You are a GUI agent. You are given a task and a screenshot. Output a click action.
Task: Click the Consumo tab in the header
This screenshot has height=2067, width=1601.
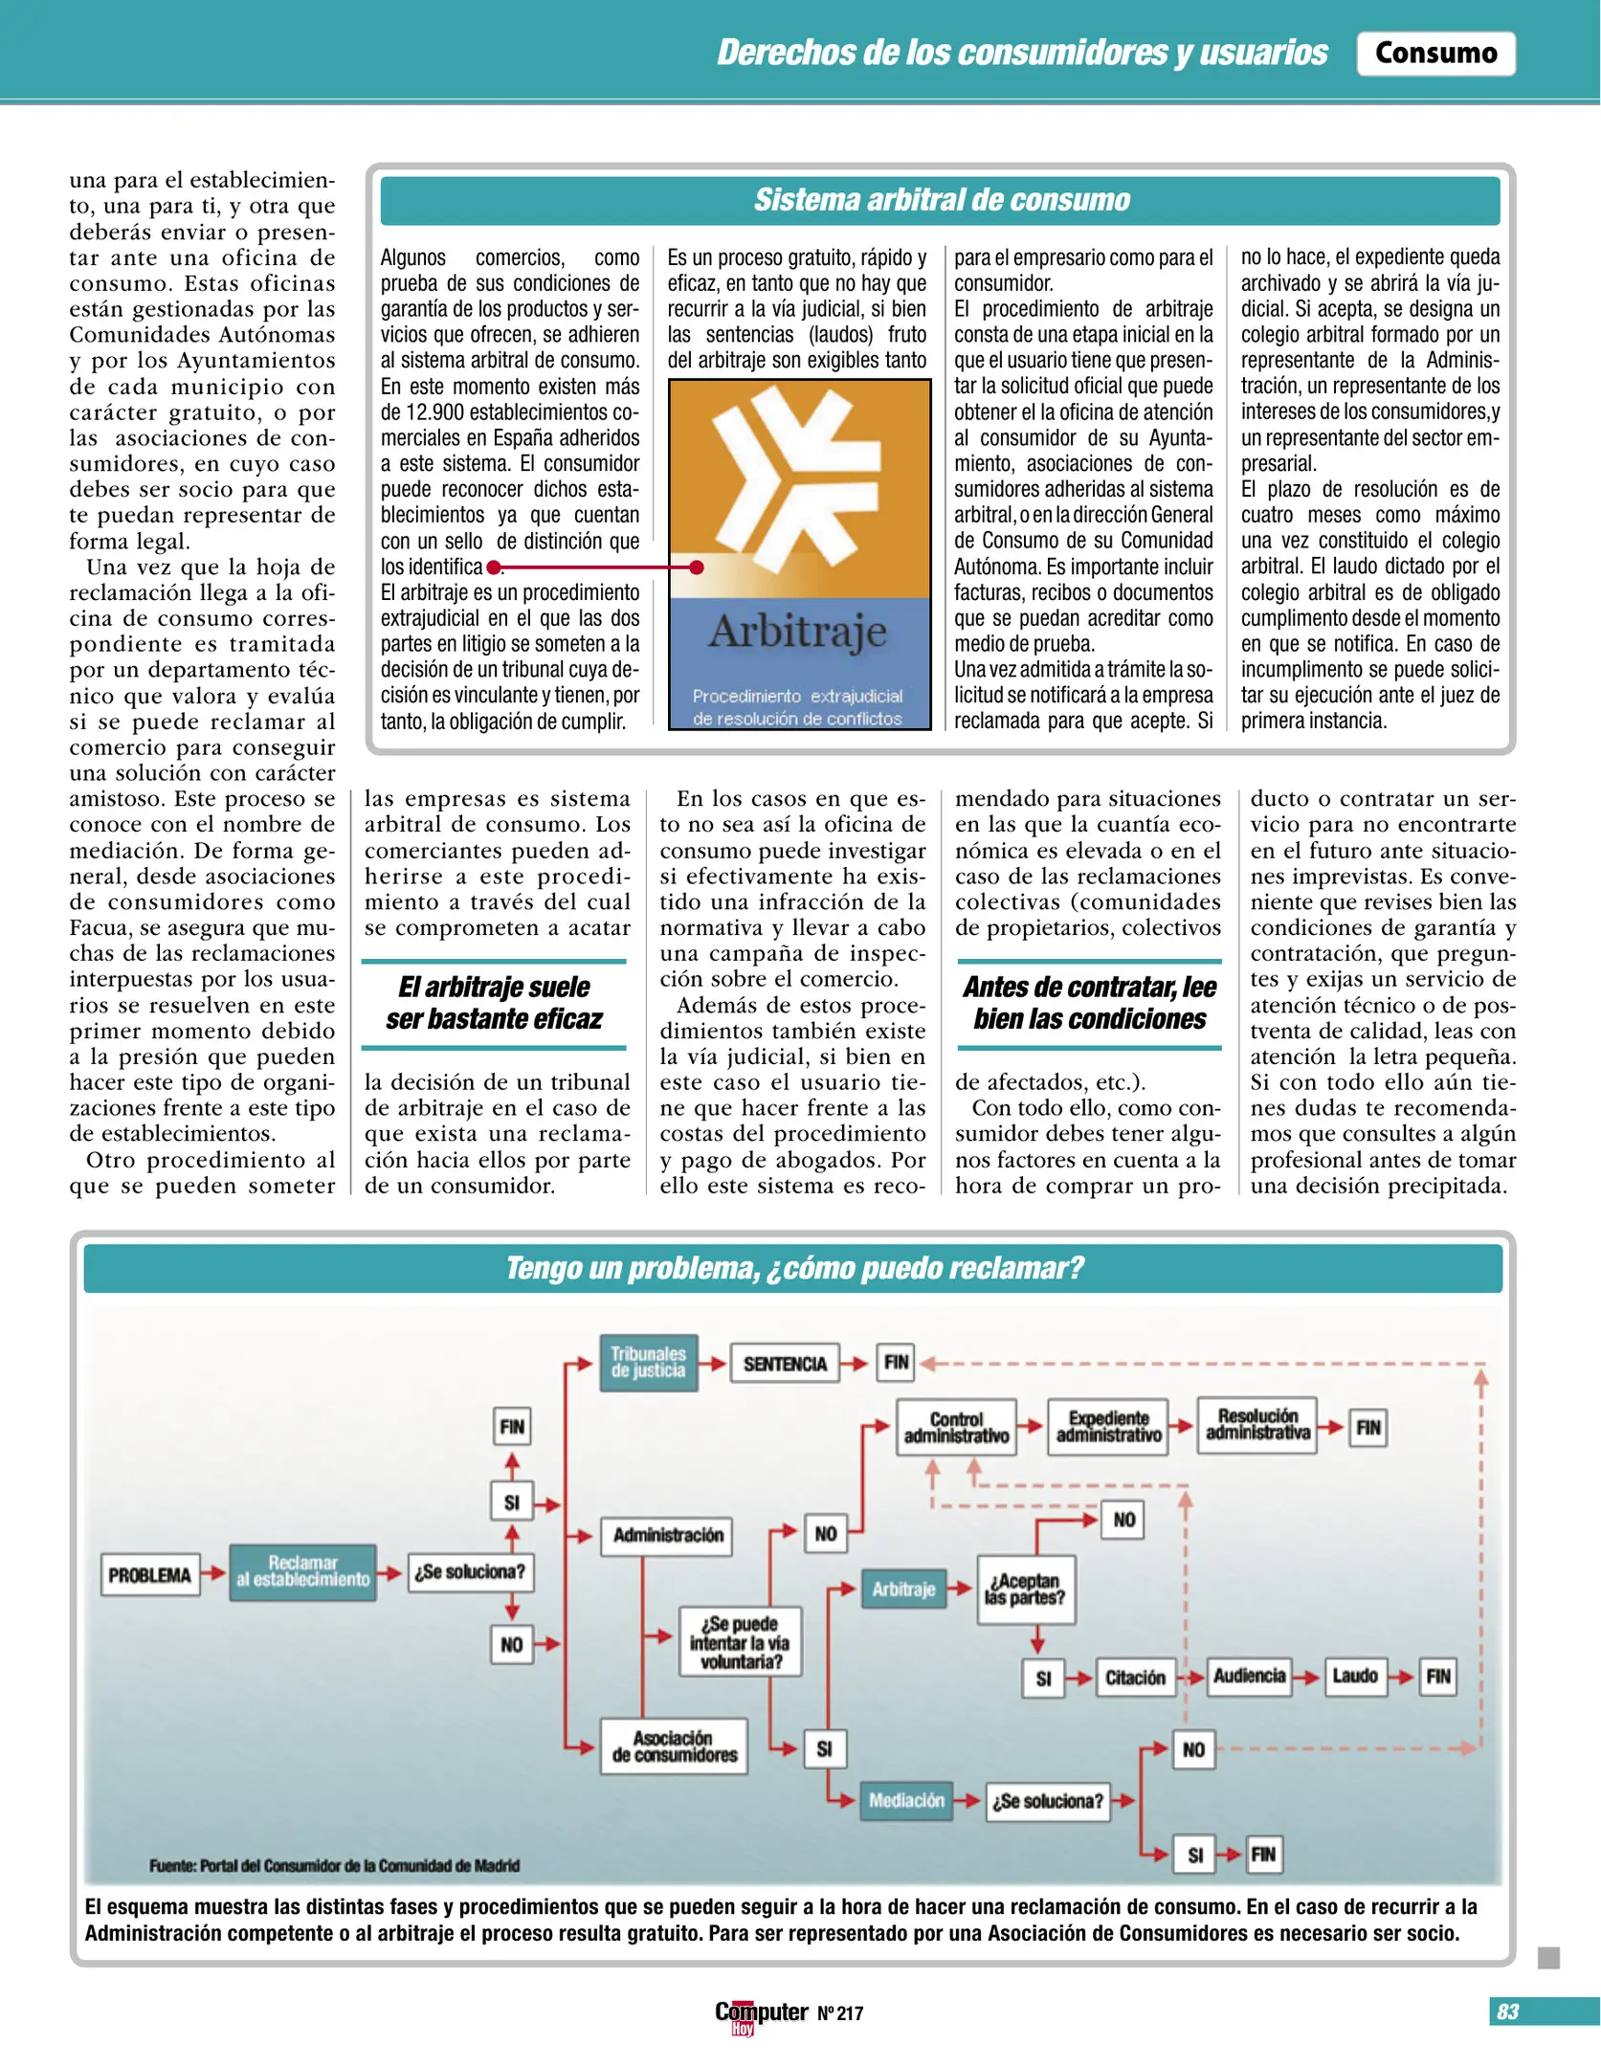[x=1434, y=53]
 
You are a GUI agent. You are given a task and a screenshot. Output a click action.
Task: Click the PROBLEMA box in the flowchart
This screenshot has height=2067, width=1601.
[x=150, y=1574]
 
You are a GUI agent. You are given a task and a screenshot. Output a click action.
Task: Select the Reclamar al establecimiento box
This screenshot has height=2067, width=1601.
[x=302, y=1571]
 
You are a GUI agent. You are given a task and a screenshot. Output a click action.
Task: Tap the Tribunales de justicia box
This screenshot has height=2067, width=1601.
[x=648, y=1362]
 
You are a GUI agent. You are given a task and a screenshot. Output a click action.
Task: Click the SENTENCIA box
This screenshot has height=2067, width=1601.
[x=785, y=1364]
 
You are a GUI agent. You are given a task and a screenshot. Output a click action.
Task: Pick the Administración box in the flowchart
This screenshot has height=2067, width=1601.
[x=667, y=1535]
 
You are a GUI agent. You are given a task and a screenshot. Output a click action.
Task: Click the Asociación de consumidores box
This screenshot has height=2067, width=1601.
[x=674, y=1746]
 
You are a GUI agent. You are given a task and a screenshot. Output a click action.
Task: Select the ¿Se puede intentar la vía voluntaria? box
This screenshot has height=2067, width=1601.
[x=740, y=1642]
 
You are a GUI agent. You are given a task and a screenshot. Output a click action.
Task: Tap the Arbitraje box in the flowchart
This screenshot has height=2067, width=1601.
[x=902, y=1589]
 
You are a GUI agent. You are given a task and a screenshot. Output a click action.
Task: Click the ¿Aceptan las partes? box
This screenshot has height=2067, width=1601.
[x=1026, y=1589]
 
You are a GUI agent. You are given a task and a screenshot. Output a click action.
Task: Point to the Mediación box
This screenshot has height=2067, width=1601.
[x=905, y=1800]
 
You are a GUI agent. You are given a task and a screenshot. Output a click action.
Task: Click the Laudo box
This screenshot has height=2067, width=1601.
[x=1354, y=1677]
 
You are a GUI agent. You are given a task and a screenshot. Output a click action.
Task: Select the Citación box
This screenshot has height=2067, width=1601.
[x=1135, y=1678]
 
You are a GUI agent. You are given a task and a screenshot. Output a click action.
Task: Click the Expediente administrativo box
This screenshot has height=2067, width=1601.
[x=1108, y=1427]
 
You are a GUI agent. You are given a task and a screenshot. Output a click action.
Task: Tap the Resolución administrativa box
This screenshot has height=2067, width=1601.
[x=1257, y=1425]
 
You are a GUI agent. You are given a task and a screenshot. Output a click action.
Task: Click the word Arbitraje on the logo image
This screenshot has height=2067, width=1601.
[x=798, y=632]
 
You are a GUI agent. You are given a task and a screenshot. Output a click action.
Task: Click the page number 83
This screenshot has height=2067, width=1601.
[x=1507, y=2011]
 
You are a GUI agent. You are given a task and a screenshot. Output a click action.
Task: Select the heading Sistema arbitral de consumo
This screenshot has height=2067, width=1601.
[x=941, y=200]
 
